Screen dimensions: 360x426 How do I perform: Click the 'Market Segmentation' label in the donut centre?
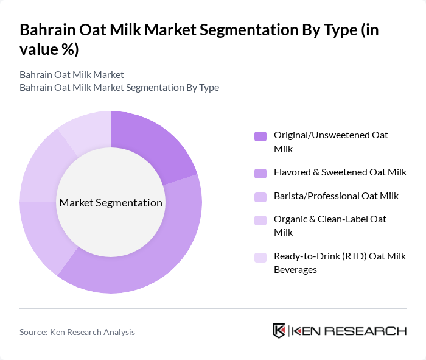click(110, 203)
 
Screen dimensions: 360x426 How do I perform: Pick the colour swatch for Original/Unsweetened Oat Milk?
click(260, 136)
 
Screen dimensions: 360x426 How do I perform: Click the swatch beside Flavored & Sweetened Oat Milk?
click(260, 173)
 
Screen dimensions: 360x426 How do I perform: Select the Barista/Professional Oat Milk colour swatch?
click(260, 197)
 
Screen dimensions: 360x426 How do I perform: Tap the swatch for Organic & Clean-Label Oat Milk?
click(260, 220)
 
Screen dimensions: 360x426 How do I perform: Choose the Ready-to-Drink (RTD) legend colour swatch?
click(260, 257)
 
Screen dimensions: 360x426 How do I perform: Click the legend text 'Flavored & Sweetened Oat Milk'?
click(340, 172)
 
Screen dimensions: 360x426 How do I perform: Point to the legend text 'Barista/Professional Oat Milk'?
click(336, 196)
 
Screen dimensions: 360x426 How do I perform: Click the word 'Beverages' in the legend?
click(295, 269)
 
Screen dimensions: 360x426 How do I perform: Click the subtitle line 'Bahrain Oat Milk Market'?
click(71, 74)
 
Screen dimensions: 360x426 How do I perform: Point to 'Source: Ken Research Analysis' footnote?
click(77, 332)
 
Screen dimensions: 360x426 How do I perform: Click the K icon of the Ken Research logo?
click(279, 331)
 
